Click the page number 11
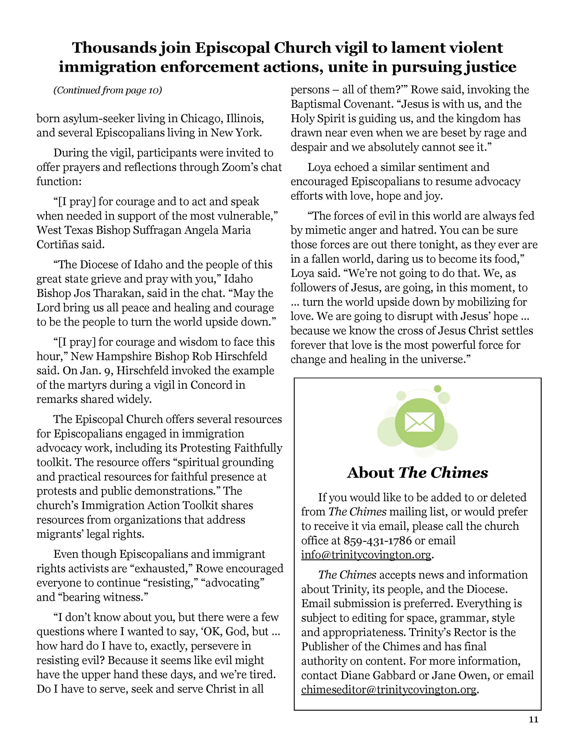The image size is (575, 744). point(533,719)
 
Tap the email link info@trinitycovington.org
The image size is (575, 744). point(366,555)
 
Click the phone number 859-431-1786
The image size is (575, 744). point(377,541)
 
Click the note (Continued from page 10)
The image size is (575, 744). point(108,90)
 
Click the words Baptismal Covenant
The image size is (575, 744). point(346,104)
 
